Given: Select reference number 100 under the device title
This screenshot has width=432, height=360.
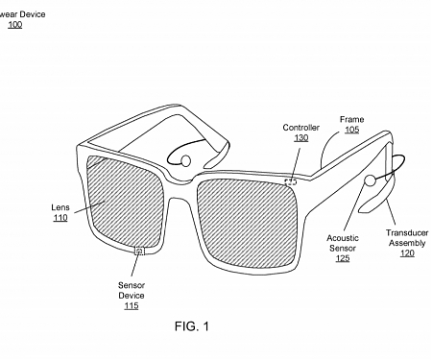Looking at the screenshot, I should pos(14,24).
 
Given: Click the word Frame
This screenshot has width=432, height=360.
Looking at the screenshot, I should pos(351,120).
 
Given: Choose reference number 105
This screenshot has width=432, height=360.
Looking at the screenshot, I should pos(351,131).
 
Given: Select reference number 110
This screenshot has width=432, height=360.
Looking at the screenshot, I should pos(60,218).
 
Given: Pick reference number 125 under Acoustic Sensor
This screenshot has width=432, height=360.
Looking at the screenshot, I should pos(342,258).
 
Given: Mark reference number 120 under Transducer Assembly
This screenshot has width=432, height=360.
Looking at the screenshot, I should pos(405,253).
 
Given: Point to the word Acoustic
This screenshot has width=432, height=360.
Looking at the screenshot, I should pos(342,237).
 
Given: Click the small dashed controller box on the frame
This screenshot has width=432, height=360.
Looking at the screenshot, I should pos(290,179).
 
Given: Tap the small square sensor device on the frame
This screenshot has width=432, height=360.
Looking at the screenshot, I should pos(140,251).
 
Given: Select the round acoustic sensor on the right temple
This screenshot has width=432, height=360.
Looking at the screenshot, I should pos(369,180).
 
